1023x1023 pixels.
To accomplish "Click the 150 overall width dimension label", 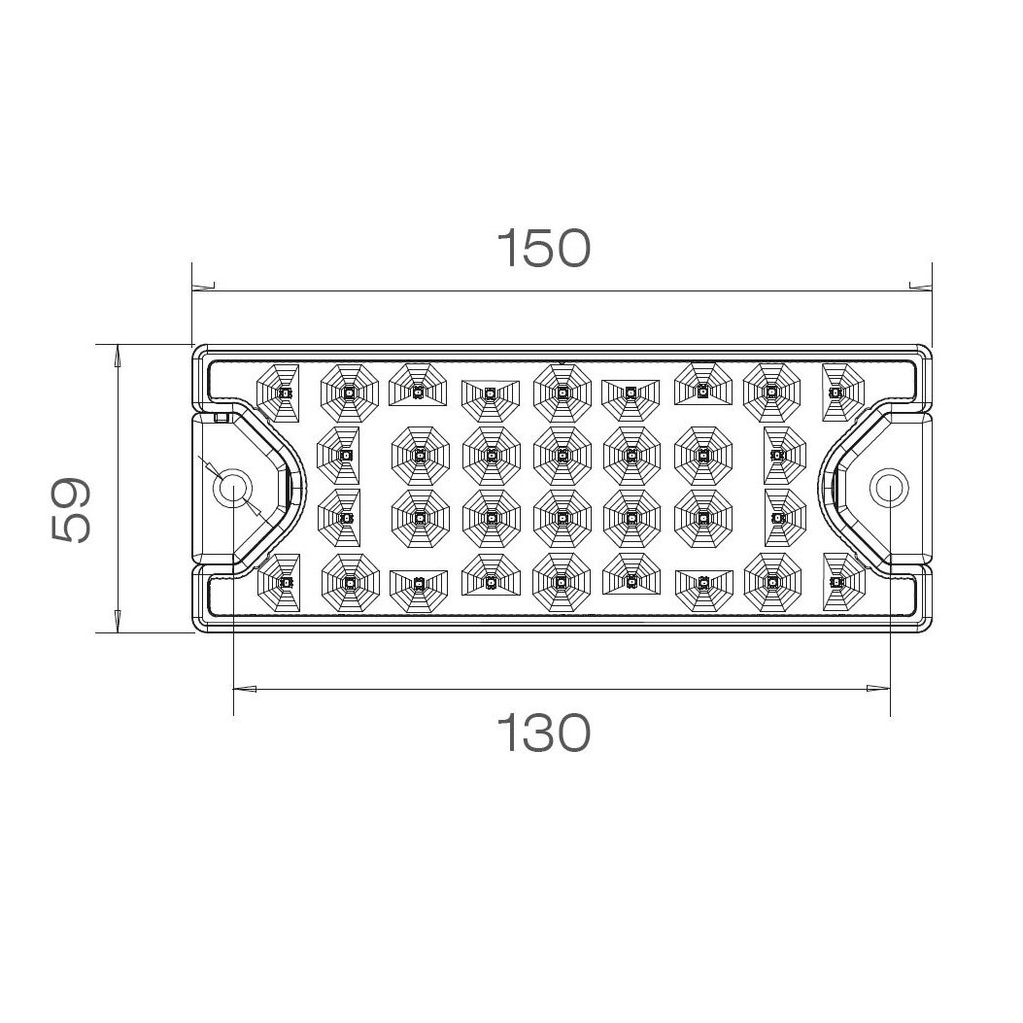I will point(543,249).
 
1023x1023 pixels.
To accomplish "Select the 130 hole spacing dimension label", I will point(543,733).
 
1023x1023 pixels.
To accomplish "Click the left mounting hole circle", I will point(233,488).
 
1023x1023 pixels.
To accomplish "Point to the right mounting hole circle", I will point(888,487).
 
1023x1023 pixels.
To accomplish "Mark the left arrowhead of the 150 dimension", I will point(203,287).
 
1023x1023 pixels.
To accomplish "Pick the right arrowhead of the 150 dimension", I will point(919,287).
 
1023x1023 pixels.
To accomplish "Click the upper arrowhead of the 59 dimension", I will point(118,357).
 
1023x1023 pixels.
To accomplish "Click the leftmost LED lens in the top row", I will point(282,392).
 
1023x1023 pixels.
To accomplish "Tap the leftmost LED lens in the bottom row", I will point(282,581).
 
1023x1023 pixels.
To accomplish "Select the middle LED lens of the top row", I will point(562,392).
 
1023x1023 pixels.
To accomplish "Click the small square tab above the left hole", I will point(221,419).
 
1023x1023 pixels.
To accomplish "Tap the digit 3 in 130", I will point(543,733).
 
